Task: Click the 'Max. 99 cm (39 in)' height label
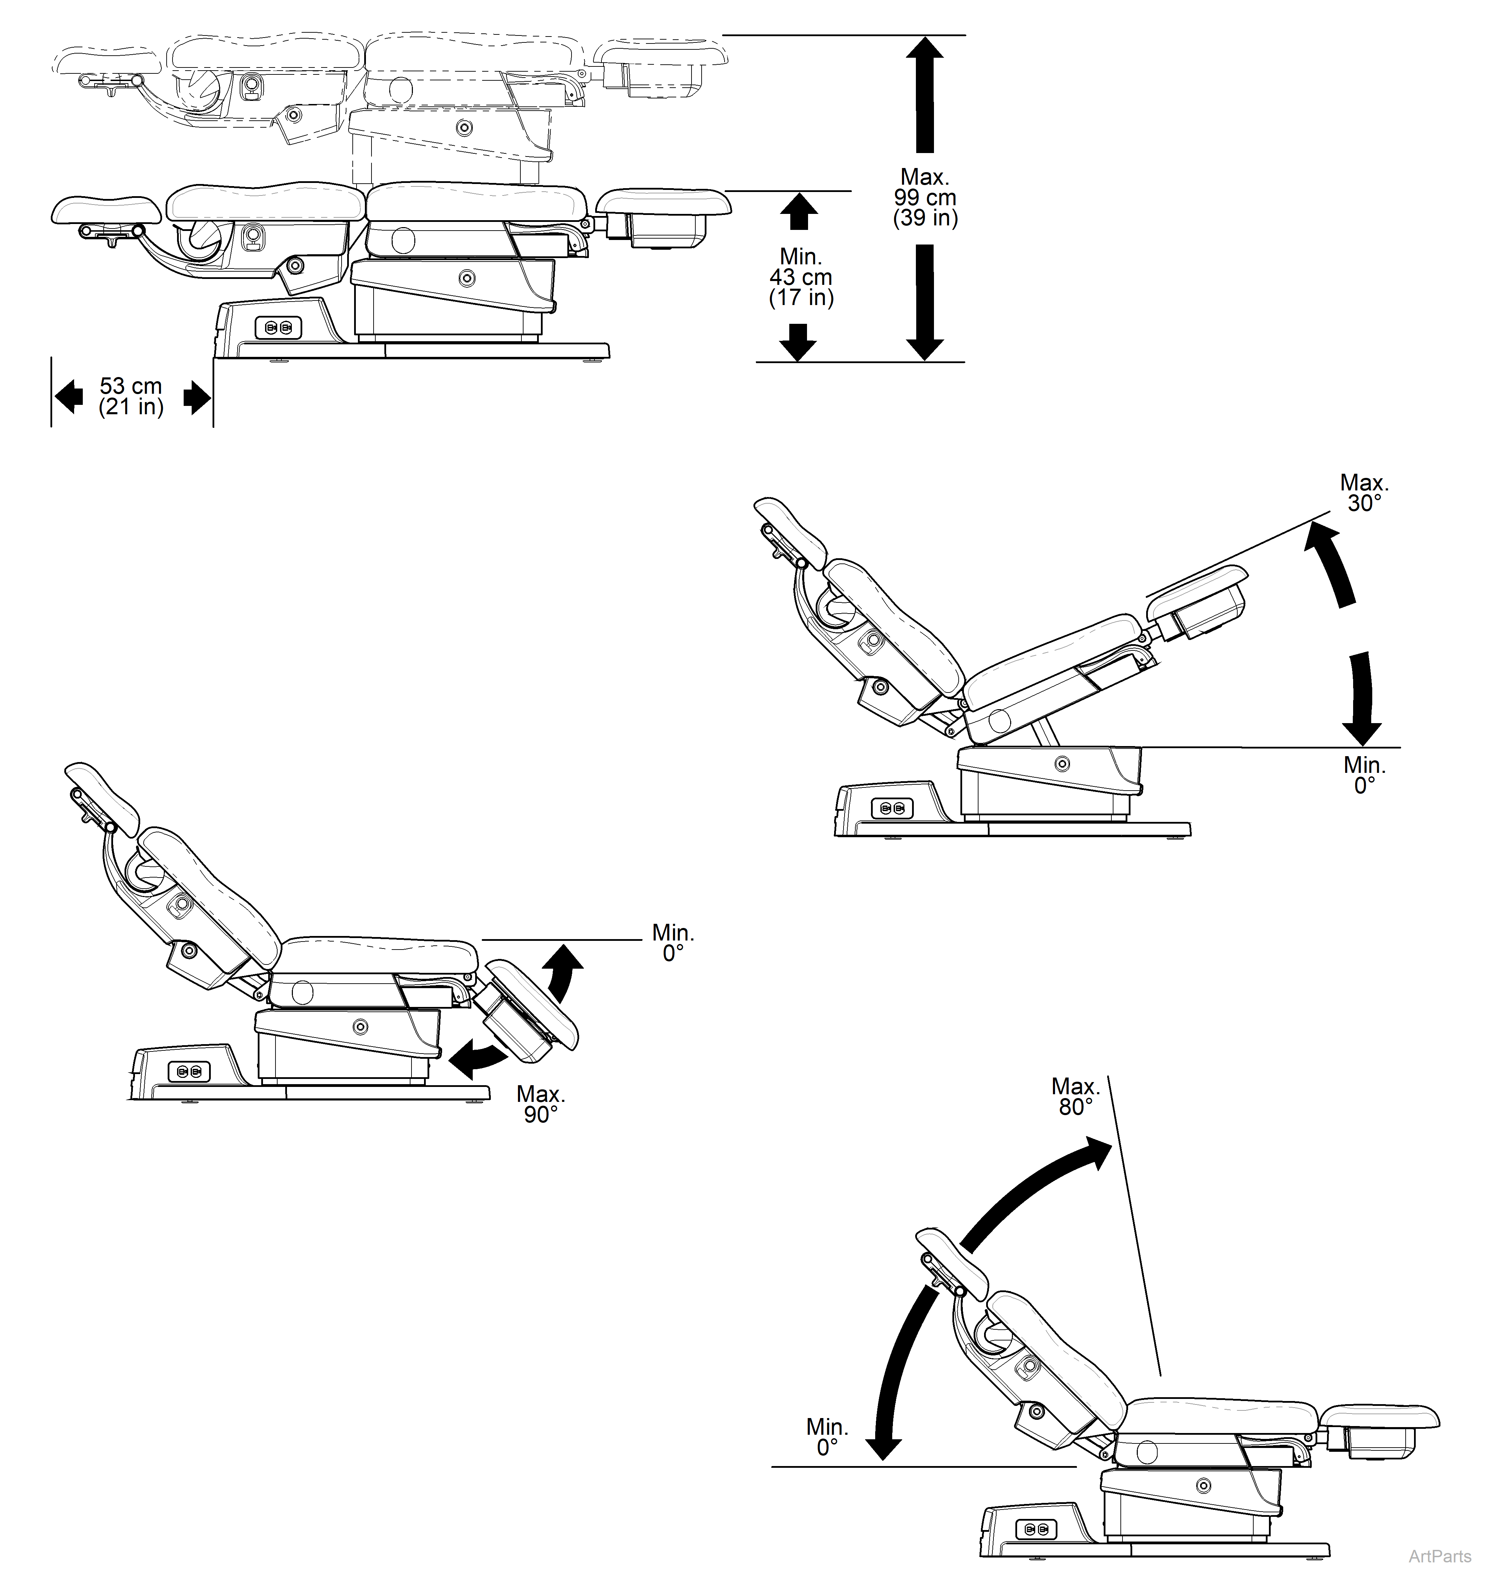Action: tap(925, 198)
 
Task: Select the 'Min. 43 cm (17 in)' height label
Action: tap(800, 278)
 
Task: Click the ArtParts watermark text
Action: tap(1440, 1556)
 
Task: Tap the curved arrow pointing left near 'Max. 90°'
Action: tap(478, 1058)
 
